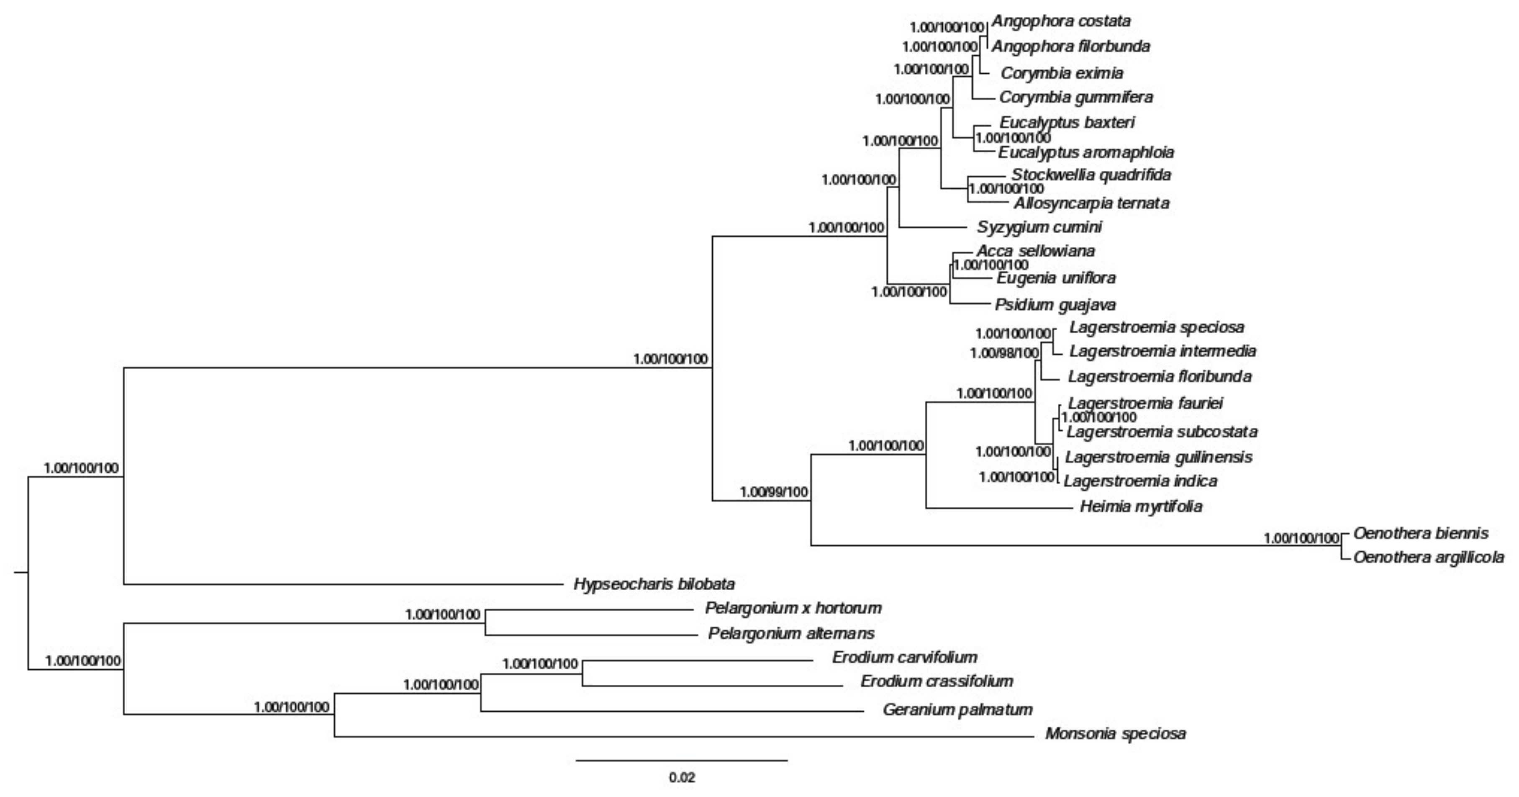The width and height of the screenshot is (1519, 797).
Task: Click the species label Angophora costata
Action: [x=1061, y=21]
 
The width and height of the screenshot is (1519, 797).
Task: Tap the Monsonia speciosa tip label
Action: [x=1115, y=733]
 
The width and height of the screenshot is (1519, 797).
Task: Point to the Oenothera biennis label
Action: [x=1421, y=533]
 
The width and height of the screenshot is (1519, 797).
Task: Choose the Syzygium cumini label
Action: [x=1039, y=227]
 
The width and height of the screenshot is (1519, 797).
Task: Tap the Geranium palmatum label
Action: [x=957, y=709]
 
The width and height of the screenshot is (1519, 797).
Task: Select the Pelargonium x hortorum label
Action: [x=793, y=608]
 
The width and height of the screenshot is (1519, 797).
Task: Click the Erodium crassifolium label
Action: [x=937, y=681]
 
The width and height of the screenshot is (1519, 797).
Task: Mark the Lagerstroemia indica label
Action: [x=1140, y=481]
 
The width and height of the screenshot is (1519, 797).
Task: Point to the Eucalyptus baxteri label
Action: [x=1067, y=122]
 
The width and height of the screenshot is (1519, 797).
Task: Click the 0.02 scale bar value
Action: [x=682, y=777]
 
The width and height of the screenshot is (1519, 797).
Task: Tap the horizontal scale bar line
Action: [x=682, y=761]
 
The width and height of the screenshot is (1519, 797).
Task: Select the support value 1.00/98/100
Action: [x=1003, y=353]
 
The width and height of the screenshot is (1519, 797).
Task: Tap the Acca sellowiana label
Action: [x=1035, y=251]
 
